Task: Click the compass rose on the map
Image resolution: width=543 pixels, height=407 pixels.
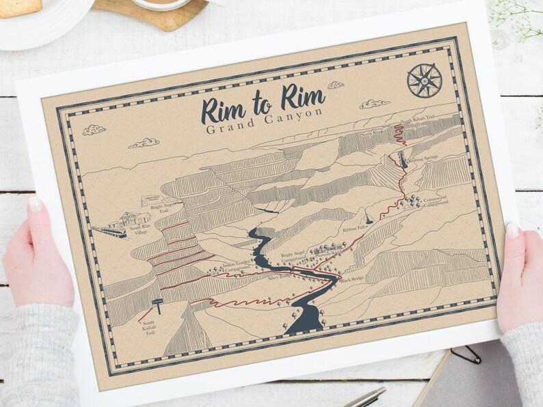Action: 424,80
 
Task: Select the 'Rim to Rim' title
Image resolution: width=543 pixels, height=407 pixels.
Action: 263,105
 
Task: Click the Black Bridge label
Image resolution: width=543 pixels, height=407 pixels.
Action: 353,279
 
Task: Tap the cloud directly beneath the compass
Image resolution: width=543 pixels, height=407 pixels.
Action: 375,104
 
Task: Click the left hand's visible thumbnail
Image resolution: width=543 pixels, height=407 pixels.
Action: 35,204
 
